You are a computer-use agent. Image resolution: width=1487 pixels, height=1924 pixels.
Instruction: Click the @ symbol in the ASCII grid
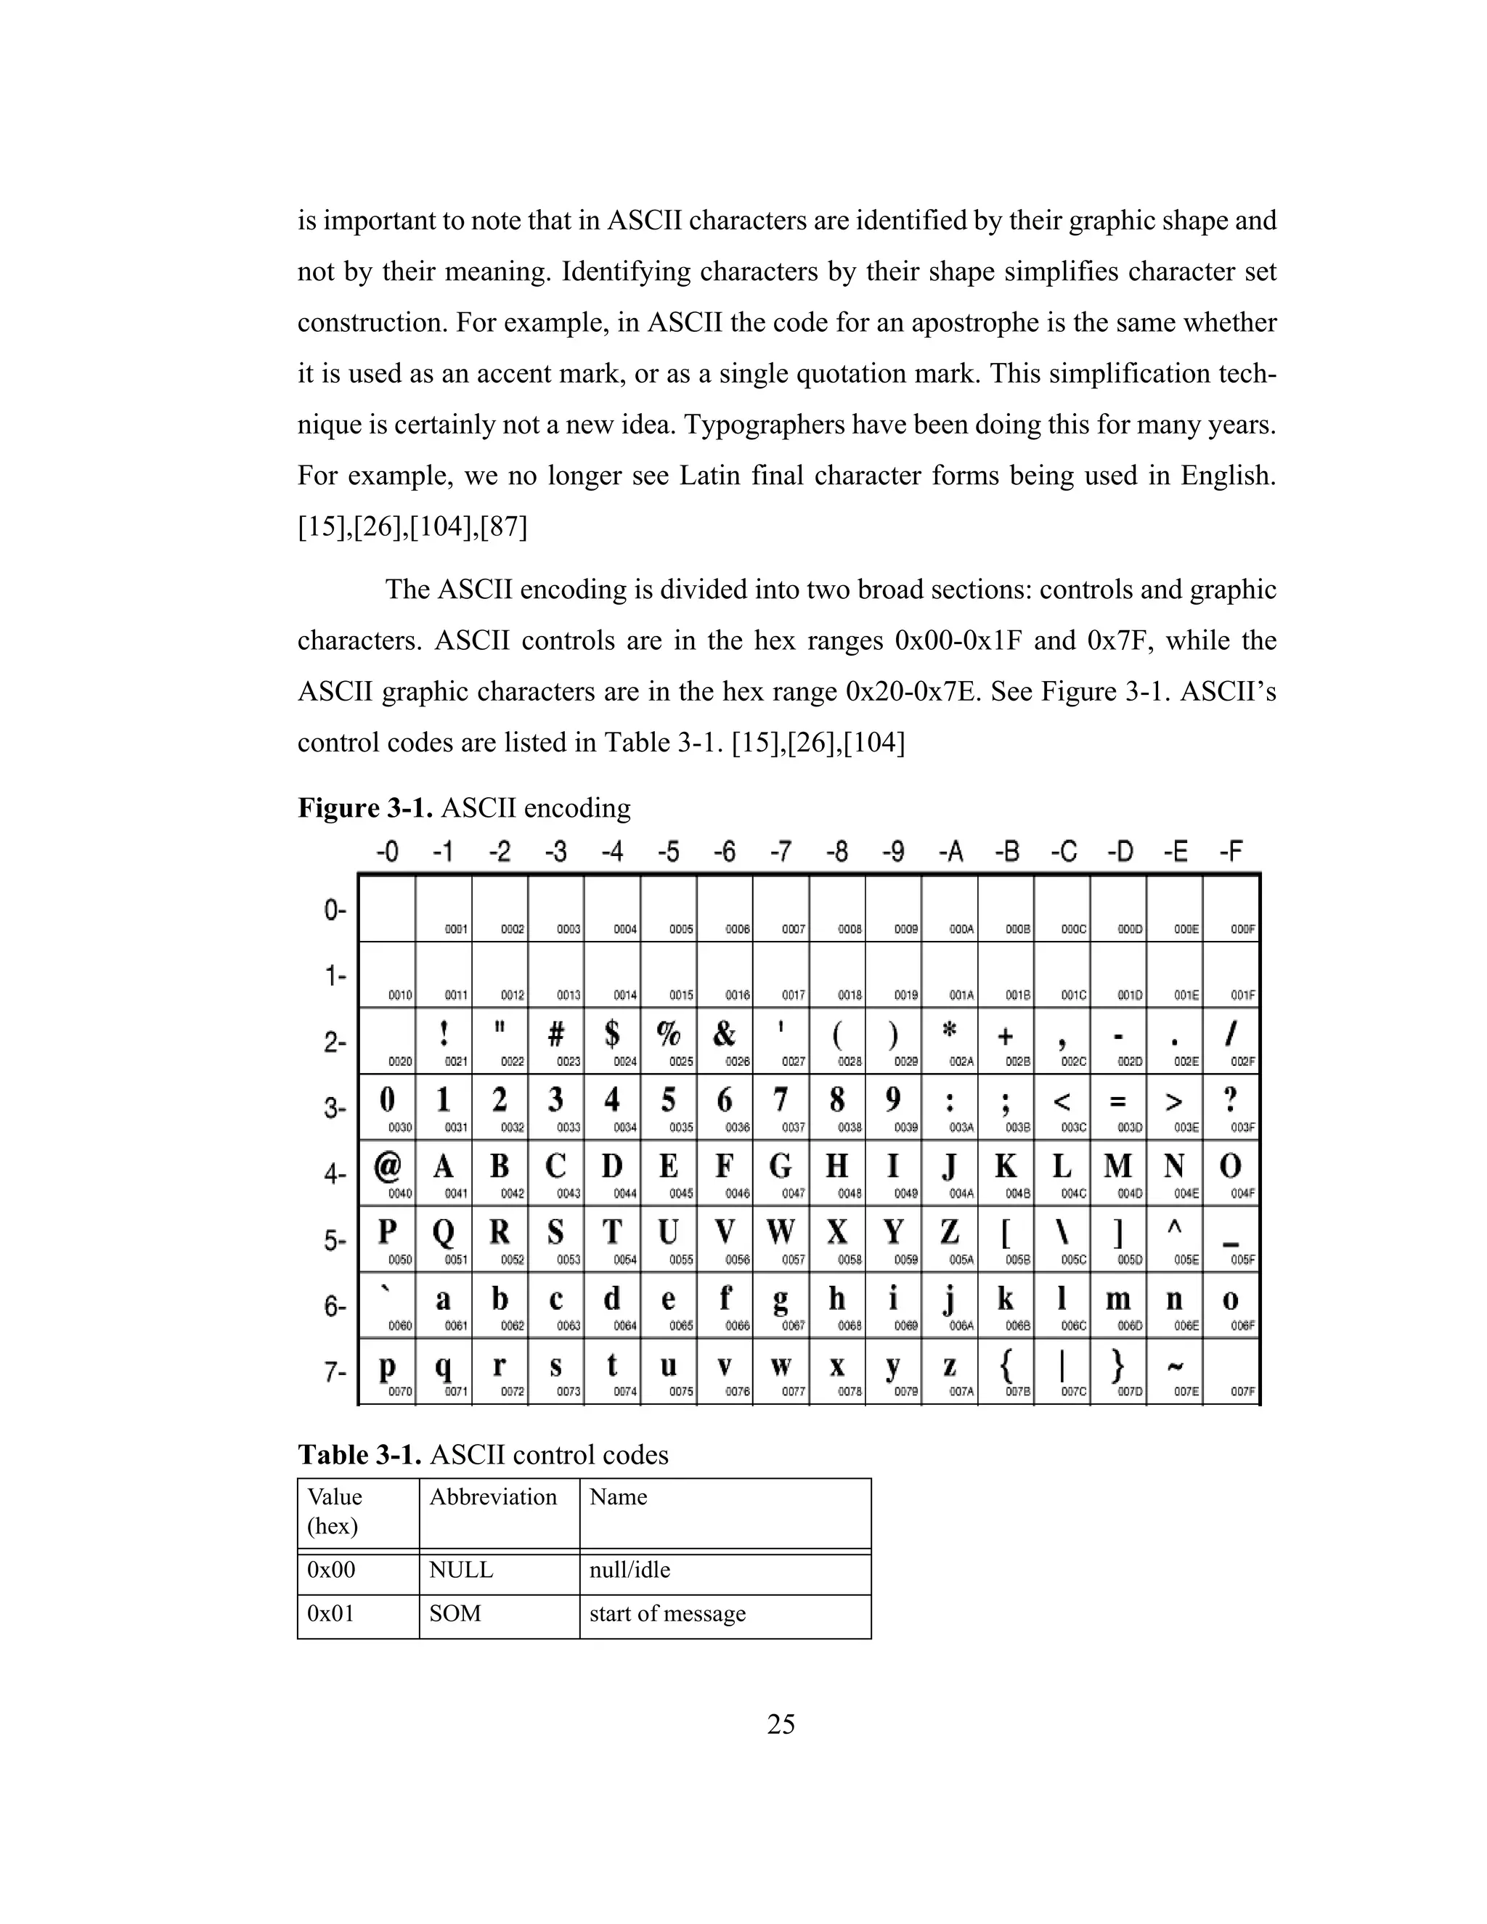pos(387,1167)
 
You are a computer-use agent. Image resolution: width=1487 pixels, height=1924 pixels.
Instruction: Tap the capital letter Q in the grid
pos(443,1233)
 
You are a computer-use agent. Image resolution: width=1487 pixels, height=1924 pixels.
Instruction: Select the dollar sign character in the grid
pos(612,1033)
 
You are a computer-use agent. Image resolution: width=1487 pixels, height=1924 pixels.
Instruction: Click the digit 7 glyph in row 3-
pos(781,1099)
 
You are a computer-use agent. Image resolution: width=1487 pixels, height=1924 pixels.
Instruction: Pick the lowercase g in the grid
pos(781,1300)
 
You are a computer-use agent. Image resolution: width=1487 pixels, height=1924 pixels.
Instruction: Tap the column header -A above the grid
pos(950,851)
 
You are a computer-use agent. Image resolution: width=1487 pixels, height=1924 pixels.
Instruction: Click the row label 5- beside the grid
pos(335,1240)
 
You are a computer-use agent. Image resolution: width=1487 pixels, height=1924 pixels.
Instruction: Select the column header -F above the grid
pos(1231,851)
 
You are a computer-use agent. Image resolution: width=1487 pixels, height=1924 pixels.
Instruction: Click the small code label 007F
pos(1243,1392)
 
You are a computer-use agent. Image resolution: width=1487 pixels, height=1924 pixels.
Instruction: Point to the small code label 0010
pos(400,995)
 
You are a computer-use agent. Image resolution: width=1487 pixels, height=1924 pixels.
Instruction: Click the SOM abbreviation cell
pos(455,1613)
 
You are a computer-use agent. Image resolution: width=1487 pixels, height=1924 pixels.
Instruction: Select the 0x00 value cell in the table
pos(331,1569)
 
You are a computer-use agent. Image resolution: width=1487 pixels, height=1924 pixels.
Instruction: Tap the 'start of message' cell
pos(667,1613)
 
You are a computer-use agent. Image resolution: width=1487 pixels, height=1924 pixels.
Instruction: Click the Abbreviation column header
pos(492,1497)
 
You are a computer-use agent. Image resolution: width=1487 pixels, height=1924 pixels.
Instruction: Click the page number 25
pos(781,1724)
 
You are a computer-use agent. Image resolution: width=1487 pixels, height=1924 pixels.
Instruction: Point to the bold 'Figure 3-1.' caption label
pos(364,808)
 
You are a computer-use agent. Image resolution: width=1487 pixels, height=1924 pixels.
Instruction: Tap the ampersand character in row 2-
pos(724,1033)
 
